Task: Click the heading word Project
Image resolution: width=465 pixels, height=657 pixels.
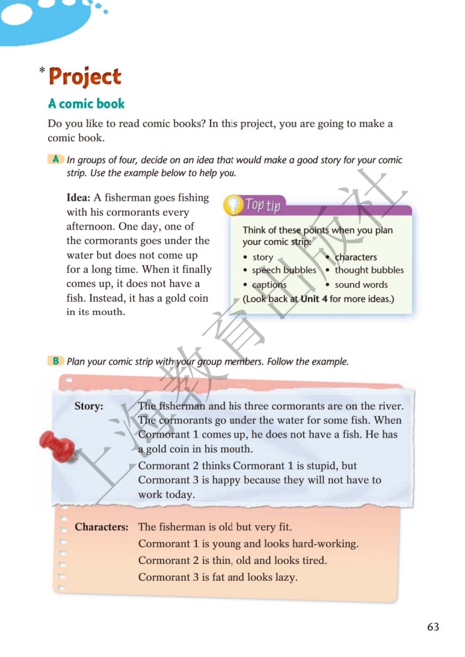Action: (x=85, y=77)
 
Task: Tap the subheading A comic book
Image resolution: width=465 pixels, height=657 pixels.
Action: (x=86, y=104)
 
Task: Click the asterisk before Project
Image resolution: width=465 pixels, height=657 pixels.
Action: (x=42, y=70)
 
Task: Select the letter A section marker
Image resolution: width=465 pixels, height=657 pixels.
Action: (x=56, y=160)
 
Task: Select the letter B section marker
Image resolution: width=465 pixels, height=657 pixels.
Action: (x=56, y=361)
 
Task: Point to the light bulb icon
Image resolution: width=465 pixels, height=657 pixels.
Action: (x=232, y=203)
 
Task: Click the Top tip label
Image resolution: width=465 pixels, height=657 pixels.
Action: (x=262, y=205)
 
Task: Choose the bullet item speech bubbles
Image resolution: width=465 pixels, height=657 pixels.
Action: (x=284, y=270)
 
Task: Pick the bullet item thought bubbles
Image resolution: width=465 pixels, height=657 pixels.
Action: (x=369, y=270)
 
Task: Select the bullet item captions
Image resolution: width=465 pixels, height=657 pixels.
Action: (x=269, y=284)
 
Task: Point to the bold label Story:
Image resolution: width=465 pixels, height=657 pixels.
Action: (x=89, y=406)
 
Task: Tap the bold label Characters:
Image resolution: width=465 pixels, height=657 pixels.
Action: (x=102, y=527)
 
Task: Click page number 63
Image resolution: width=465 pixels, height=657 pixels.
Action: (x=433, y=627)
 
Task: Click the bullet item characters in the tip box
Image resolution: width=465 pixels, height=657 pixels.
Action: (x=355, y=257)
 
